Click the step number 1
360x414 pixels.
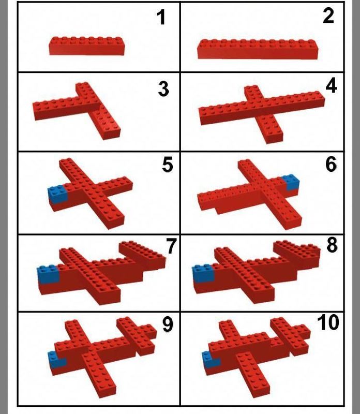(x=161, y=18)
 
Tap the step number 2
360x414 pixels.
(x=328, y=17)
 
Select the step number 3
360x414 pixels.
(x=163, y=89)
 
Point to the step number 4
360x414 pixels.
(x=331, y=86)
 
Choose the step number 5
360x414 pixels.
(x=168, y=165)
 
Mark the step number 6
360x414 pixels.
(x=331, y=164)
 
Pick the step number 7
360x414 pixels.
(x=171, y=246)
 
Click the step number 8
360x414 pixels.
(x=332, y=245)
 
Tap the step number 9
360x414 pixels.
(x=168, y=324)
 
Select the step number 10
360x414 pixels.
(x=328, y=322)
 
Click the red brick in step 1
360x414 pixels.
(x=86, y=46)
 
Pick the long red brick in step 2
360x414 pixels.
(x=258, y=49)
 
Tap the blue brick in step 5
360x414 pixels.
(x=58, y=194)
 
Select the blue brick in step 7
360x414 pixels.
(x=49, y=274)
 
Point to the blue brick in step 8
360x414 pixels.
(x=203, y=274)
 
